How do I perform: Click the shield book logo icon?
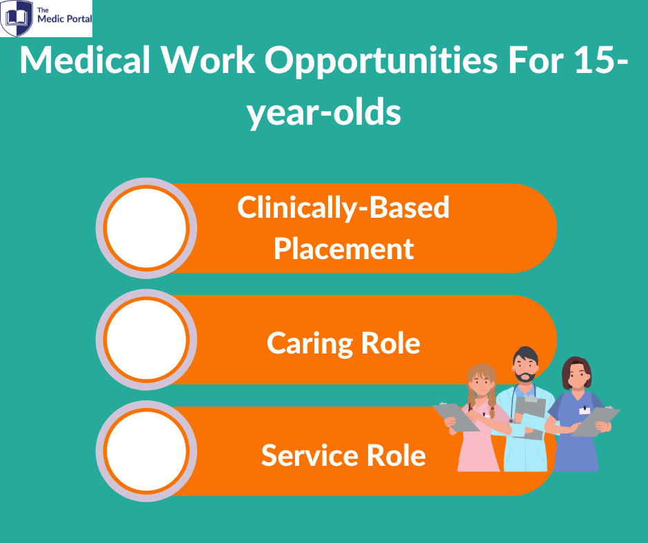(x=17, y=18)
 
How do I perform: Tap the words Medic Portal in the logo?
(x=65, y=19)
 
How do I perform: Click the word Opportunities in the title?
(x=381, y=61)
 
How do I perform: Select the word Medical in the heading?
(x=85, y=60)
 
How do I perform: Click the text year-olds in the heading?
(x=323, y=112)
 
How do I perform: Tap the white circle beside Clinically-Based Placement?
(x=146, y=227)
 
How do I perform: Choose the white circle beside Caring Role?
(x=146, y=339)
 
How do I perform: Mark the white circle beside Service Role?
(x=146, y=451)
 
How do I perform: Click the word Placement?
(x=343, y=249)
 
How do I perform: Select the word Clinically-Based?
(x=343, y=208)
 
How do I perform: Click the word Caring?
(x=310, y=344)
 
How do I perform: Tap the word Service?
(x=310, y=455)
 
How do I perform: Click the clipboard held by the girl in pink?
(x=456, y=417)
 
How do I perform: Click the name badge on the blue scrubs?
(x=585, y=410)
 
